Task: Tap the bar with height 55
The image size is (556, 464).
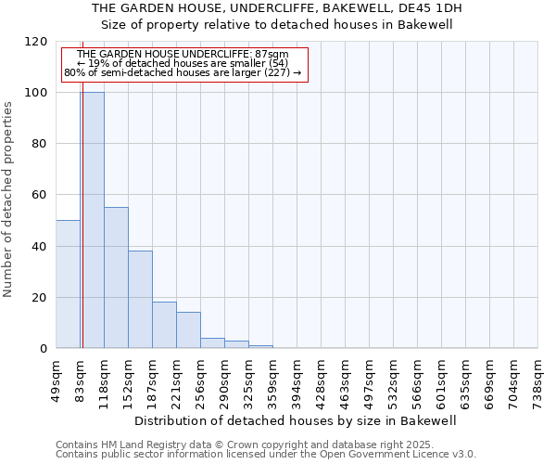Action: coord(116,277)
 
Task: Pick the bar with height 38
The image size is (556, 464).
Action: coord(140,300)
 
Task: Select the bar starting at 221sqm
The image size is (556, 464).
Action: coord(188,330)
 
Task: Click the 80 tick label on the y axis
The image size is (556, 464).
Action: coord(40,144)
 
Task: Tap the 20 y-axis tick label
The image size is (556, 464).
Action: coord(40,298)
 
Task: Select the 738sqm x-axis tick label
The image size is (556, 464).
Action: coord(537,380)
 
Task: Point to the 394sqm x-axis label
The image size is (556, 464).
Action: coord(297,380)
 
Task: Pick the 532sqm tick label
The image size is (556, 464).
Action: coord(393,380)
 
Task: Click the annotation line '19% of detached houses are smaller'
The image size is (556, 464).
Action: coord(183,63)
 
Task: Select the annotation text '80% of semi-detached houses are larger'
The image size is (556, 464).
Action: coord(183,72)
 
